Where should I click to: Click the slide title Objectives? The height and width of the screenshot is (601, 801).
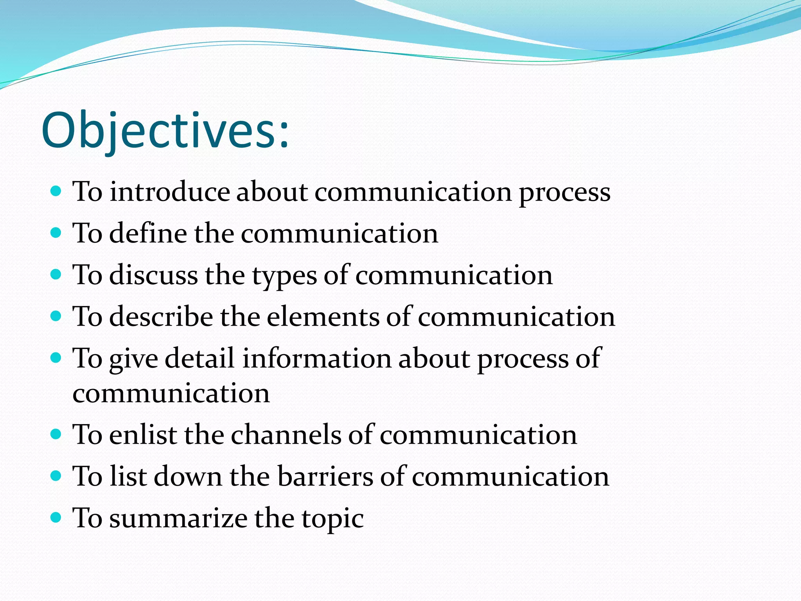pos(165,131)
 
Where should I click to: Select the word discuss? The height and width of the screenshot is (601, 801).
pos(153,275)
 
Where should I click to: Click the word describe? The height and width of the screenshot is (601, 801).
pos(161,317)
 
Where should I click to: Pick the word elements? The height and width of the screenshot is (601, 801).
pos(323,317)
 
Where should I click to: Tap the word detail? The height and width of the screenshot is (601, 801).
pos(199,358)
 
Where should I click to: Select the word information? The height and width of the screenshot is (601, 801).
pos(316,358)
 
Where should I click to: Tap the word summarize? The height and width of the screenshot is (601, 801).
pos(178,518)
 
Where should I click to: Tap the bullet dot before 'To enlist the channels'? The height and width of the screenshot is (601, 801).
pos(56,434)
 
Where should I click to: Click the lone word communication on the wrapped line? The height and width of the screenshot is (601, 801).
pos(171,393)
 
